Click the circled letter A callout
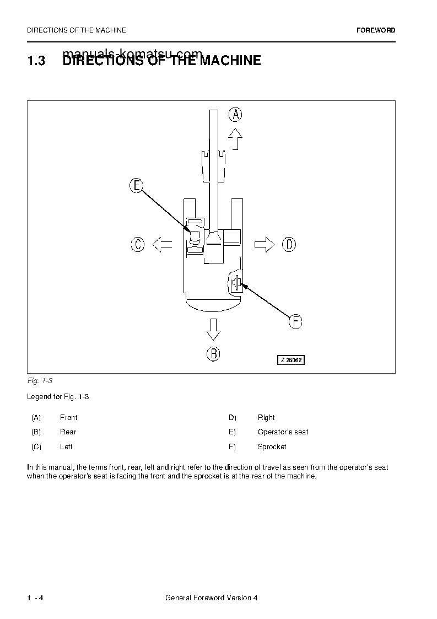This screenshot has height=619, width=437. coord(235,114)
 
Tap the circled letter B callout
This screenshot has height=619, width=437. coord(213,353)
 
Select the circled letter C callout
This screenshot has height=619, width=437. coord(138,244)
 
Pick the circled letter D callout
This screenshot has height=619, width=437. coord(289,244)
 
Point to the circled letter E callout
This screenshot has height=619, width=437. coord(137,186)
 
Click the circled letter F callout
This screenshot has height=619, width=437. coord(295,321)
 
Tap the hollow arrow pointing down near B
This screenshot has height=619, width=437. coord(213,330)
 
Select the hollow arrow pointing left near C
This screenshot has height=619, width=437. coord(162,244)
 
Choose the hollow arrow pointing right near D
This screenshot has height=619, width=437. coord(265,244)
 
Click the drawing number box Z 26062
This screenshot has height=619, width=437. coord(290,360)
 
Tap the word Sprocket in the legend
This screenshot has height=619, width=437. coord(272,446)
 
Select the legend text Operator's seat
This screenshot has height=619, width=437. coord(283,432)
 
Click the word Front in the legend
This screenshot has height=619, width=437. coord(68,418)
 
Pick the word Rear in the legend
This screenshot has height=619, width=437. coord(68,432)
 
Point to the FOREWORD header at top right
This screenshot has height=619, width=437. coord(376,30)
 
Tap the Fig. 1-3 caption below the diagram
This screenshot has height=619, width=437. coord(39,381)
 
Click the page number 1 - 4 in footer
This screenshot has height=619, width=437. coord(35,599)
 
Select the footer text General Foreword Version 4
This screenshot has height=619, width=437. coord(211,599)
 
